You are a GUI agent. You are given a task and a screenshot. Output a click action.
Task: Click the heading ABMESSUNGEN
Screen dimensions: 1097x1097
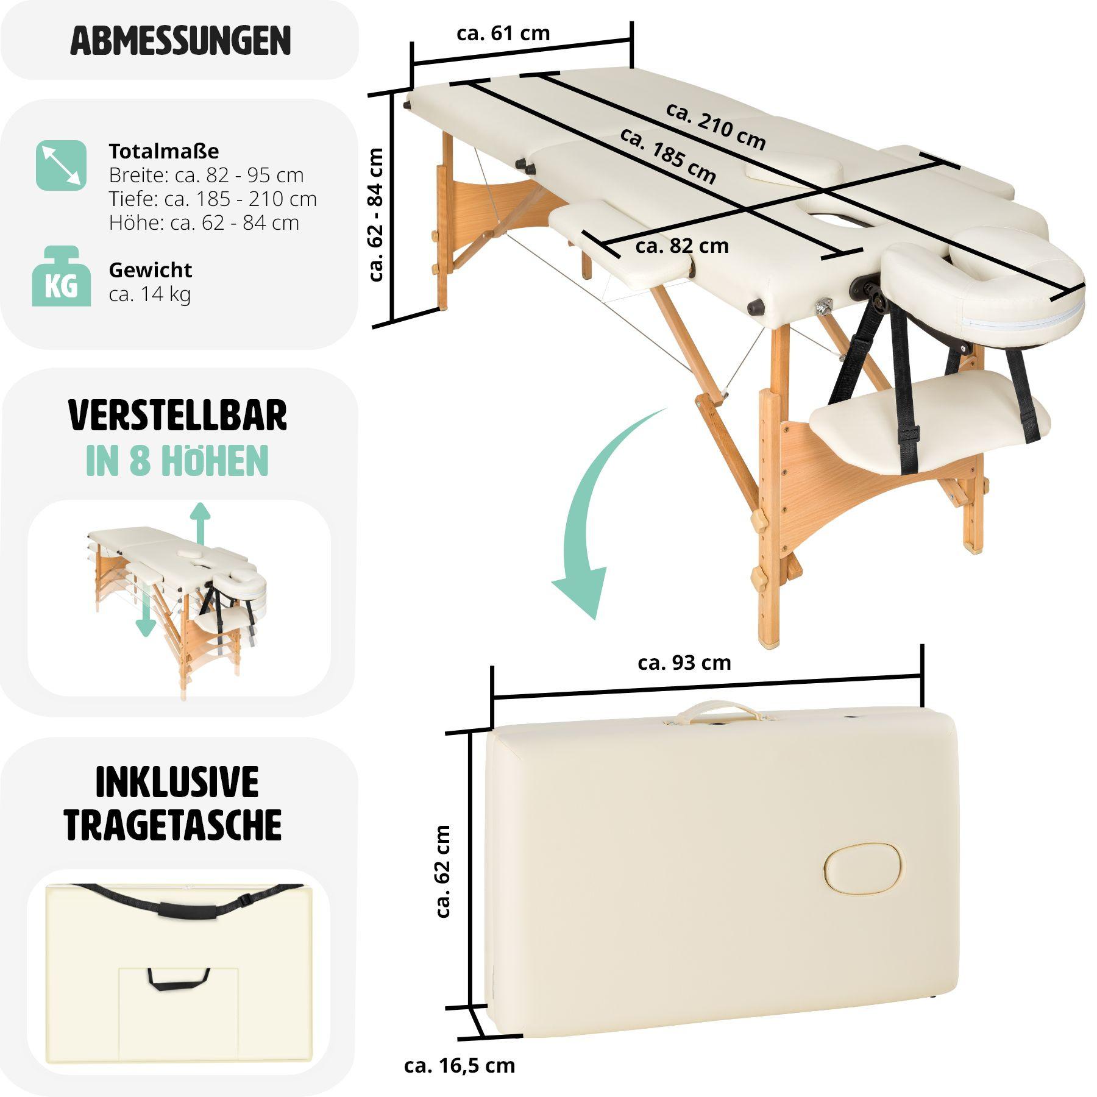point(180,40)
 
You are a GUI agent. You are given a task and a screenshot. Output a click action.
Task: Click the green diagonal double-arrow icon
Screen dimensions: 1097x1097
point(61,165)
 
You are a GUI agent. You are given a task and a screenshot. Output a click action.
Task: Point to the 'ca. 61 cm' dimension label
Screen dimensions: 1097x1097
point(503,33)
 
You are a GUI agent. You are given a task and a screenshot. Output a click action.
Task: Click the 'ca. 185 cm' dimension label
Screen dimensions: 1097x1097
point(668,155)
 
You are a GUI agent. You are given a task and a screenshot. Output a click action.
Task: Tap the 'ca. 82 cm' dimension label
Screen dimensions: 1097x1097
point(681,246)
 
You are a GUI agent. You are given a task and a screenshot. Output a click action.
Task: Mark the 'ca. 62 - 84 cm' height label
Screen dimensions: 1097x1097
point(377,215)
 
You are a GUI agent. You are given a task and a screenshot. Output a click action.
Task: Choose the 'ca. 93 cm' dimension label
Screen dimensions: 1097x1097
point(684,662)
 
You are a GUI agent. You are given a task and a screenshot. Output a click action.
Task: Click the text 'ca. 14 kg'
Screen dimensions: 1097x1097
point(149,294)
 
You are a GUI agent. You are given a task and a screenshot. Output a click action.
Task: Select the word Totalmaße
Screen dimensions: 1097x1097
point(163,151)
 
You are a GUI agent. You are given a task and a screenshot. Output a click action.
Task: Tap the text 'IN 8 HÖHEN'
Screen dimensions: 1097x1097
point(177,461)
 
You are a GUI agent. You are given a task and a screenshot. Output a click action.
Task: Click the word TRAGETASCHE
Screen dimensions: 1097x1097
point(173,825)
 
